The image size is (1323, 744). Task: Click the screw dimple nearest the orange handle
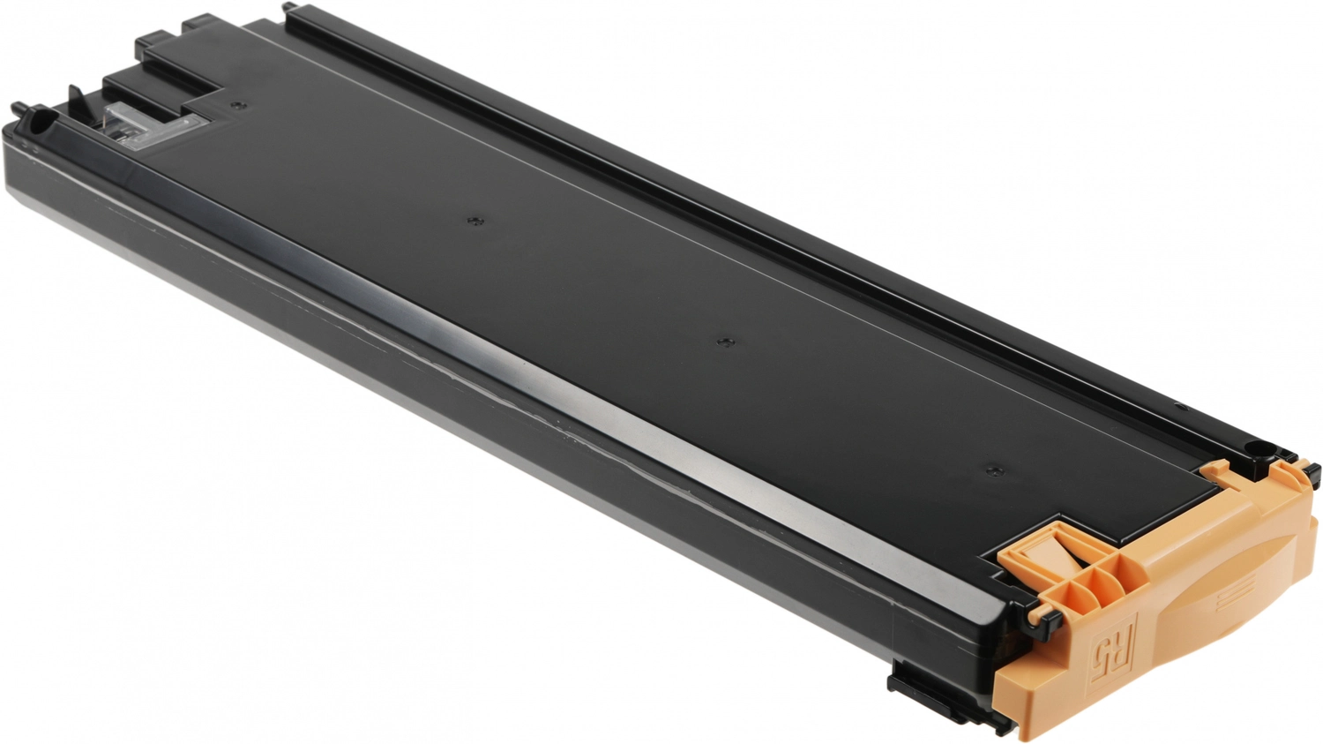coord(992,471)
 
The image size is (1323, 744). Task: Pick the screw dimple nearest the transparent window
coord(238,106)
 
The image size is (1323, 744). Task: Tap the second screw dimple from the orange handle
coord(726,342)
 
